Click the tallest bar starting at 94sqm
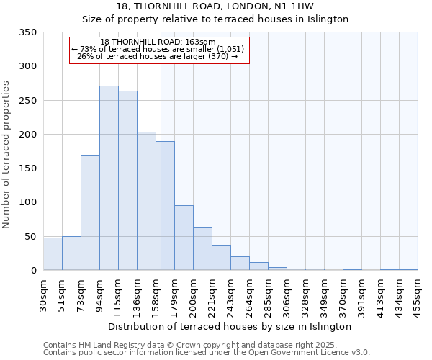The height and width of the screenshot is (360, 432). coord(109,179)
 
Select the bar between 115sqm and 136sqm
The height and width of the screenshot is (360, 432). coord(127,181)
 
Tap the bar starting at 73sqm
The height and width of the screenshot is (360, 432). coord(90,213)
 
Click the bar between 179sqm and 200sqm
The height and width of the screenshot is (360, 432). coord(184,238)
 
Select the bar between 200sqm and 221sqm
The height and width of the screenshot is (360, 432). coord(202,249)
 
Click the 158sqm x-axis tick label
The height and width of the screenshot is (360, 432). coord(156,293)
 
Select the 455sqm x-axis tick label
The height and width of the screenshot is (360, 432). coord(418,293)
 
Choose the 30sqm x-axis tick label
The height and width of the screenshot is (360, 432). coord(43,293)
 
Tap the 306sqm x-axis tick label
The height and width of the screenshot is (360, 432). coord(287,293)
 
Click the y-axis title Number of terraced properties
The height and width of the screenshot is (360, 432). coord(6,155)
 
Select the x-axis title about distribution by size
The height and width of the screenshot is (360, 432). coord(230,326)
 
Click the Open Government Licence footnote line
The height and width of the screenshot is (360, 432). coord(207,352)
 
